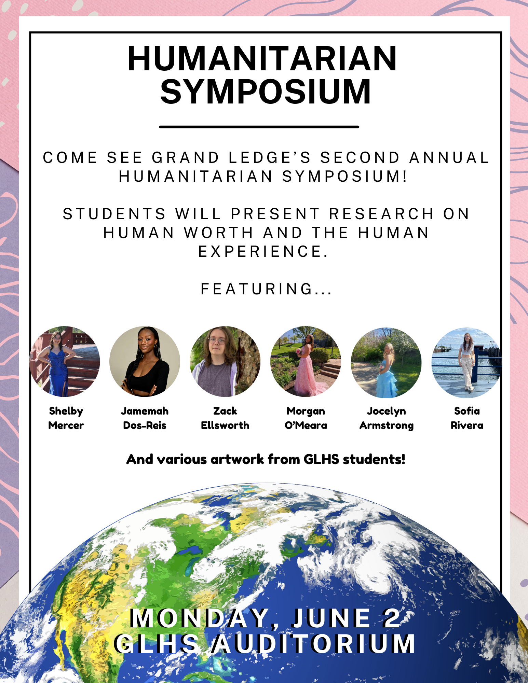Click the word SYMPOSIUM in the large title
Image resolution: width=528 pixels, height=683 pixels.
tap(266, 92)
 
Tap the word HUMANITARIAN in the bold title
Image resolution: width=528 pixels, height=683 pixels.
tap(262, 59)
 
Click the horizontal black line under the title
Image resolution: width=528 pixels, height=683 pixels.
tap(259, 127)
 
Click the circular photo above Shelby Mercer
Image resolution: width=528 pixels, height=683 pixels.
tap(65, 361)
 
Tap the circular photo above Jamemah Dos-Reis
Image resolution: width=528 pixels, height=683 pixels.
tap(145, 361)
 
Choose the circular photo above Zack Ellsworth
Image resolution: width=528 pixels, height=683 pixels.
tap(225, 361)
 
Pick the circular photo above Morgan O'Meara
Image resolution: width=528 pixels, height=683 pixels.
tap(306, 361)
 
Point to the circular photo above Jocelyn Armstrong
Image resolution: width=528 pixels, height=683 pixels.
tap(386, 363)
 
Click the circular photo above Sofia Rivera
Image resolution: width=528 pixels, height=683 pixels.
tap(467, 363)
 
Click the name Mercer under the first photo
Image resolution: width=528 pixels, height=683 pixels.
tap(66, 426)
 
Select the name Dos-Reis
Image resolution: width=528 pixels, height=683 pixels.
tap(145, 426)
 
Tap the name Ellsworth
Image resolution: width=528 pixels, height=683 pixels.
tap(225, 426)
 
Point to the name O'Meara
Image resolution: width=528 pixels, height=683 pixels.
tap(306, 426)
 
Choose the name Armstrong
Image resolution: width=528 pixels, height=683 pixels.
tap(387, 426)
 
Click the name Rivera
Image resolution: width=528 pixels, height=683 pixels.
tap(467, 426)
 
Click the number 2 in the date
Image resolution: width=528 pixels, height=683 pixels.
tap(392, 618)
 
